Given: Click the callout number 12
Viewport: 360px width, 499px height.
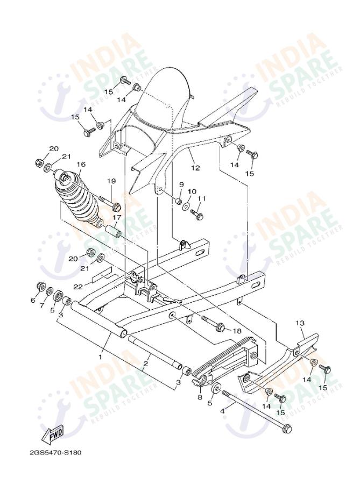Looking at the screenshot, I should [195, 168].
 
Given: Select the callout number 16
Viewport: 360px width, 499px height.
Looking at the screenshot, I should [81, 165].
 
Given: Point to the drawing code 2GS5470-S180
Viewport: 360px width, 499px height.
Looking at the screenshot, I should [55, 452].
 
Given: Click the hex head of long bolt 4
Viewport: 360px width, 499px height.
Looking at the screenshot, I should [287, 430].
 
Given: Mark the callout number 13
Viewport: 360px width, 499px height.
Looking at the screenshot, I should [300, 323].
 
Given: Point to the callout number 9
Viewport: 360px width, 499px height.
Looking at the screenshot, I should [181, 185].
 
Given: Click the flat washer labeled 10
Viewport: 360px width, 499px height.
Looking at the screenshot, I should [186, 206].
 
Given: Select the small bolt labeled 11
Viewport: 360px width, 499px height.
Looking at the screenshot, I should [197, 216].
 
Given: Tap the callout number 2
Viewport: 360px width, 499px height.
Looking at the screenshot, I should [145, 364].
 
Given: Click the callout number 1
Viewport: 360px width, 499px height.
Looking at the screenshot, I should [100, 357].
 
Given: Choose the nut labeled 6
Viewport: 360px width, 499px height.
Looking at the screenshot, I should [40, 286].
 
